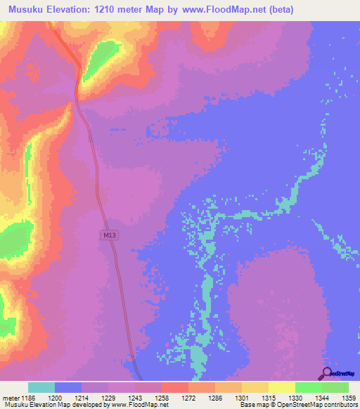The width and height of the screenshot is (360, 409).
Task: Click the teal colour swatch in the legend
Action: (41, 387)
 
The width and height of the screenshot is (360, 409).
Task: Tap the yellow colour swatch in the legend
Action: (281, 387)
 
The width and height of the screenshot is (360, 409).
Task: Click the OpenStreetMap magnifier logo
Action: (326, 373)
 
